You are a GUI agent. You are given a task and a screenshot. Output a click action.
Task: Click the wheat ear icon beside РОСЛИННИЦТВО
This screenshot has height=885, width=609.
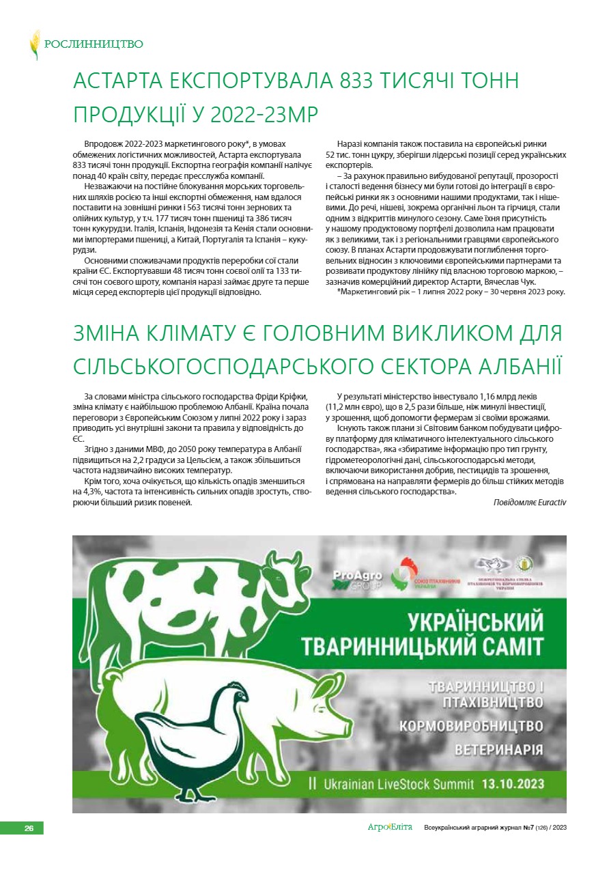[x=35, y=44]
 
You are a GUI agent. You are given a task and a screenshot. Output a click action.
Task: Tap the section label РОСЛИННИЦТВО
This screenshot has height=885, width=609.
[x=94, y=44]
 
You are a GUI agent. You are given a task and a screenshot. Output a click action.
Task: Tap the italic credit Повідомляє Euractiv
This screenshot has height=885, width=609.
[x=529, y=502]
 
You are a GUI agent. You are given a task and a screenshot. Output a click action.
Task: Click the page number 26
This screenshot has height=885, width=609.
[x=29, y=828]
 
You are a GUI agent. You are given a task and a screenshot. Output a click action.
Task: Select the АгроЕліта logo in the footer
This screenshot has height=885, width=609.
[x=390, y=828]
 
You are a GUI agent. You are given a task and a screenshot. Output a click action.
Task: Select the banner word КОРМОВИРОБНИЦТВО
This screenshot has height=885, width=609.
[x=470, y=725]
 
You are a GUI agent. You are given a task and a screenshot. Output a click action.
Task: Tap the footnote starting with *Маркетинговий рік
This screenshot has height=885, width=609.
[x=451, y=292]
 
